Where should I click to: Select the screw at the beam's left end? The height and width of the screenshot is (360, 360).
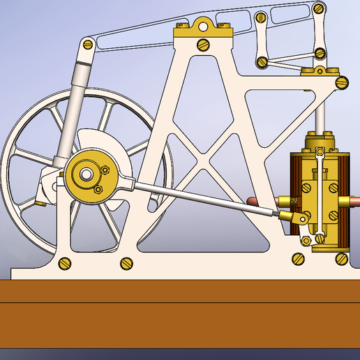[88, 43]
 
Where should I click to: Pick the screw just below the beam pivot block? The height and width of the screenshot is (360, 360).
[204, 45]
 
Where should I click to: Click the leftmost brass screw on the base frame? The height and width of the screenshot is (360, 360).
[66, 263]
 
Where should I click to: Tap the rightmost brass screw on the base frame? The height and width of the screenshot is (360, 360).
[341, 259]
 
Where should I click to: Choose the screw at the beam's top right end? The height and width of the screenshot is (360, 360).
[319, 8]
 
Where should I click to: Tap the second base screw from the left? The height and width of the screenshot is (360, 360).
[126, 263]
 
